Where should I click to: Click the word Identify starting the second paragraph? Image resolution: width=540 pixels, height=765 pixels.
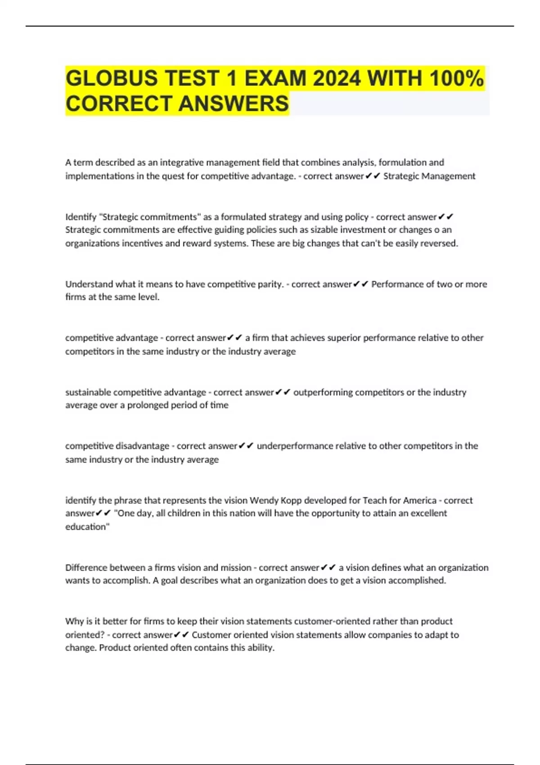click(81, 217)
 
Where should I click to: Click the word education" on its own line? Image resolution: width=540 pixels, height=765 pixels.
click(87, 527)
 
